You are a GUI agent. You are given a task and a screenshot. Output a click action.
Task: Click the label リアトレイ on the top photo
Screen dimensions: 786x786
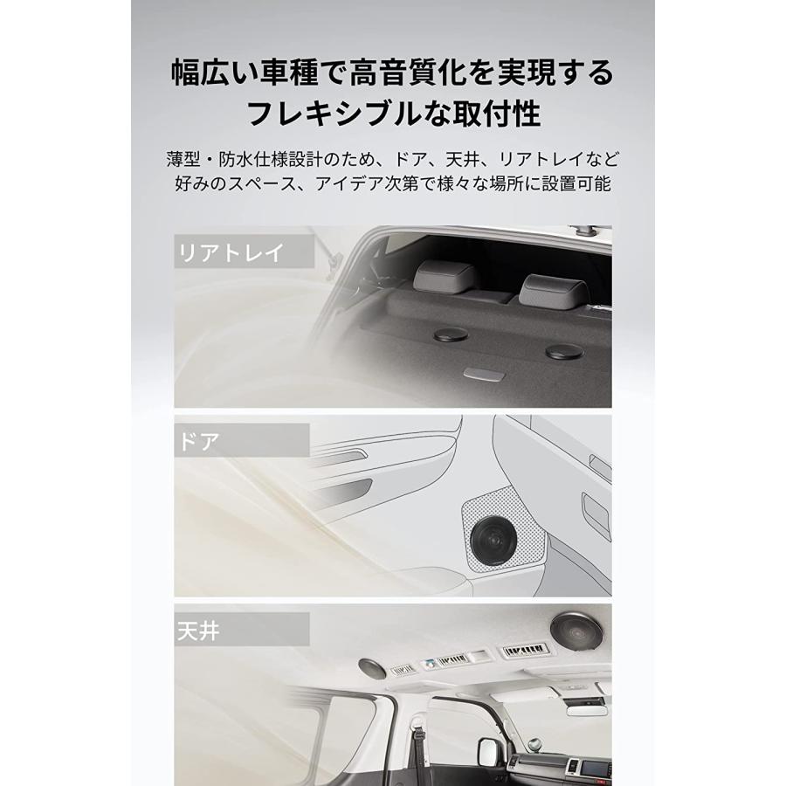point(231,253)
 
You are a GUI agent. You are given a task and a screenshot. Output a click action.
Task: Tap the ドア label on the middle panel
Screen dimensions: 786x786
point(198,440)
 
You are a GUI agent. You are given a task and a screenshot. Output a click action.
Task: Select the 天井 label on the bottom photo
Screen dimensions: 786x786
point(198,629)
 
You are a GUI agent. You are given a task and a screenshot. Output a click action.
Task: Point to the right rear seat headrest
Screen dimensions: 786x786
point(555,286)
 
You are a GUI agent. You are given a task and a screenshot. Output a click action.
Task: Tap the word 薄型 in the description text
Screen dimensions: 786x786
point(187,160)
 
